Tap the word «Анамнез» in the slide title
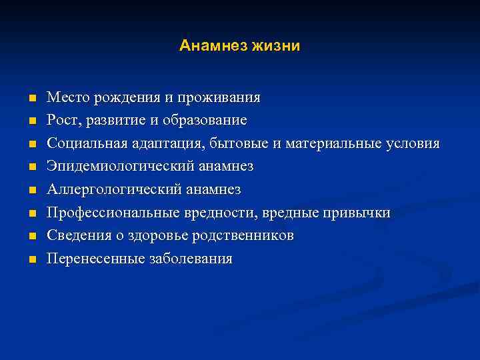(x=215, y=46)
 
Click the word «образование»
(x=209, y=121)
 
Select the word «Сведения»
(x=75, y=236)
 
